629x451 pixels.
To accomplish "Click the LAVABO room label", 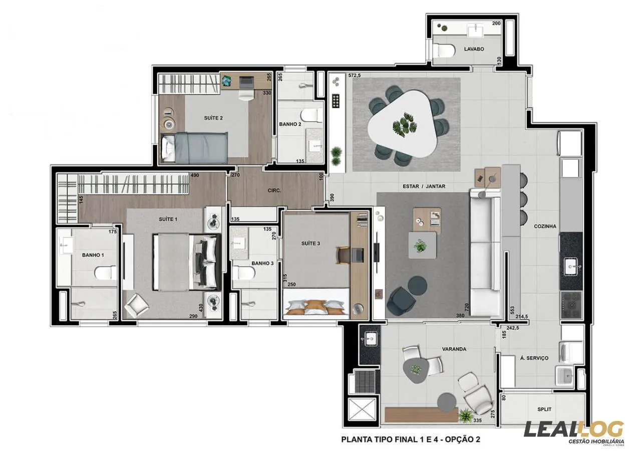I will pos(474,49).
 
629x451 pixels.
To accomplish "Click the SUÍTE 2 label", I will pos(213,118).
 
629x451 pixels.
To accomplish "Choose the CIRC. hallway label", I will pos(275,190).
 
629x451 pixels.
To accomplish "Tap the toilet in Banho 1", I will pos(104,273).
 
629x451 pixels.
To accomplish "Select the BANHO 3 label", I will pos(262,263).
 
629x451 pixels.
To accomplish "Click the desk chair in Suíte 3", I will pos(344,255).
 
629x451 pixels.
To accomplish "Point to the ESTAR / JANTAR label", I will pos(424,186).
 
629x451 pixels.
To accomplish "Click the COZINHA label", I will pos(545,227).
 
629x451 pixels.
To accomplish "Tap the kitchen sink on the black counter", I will pos(571,266).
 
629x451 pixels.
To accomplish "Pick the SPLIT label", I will pos(544,409).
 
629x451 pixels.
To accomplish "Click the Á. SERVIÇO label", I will pos(534,358).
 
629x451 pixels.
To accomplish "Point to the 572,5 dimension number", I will pos(355,75).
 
